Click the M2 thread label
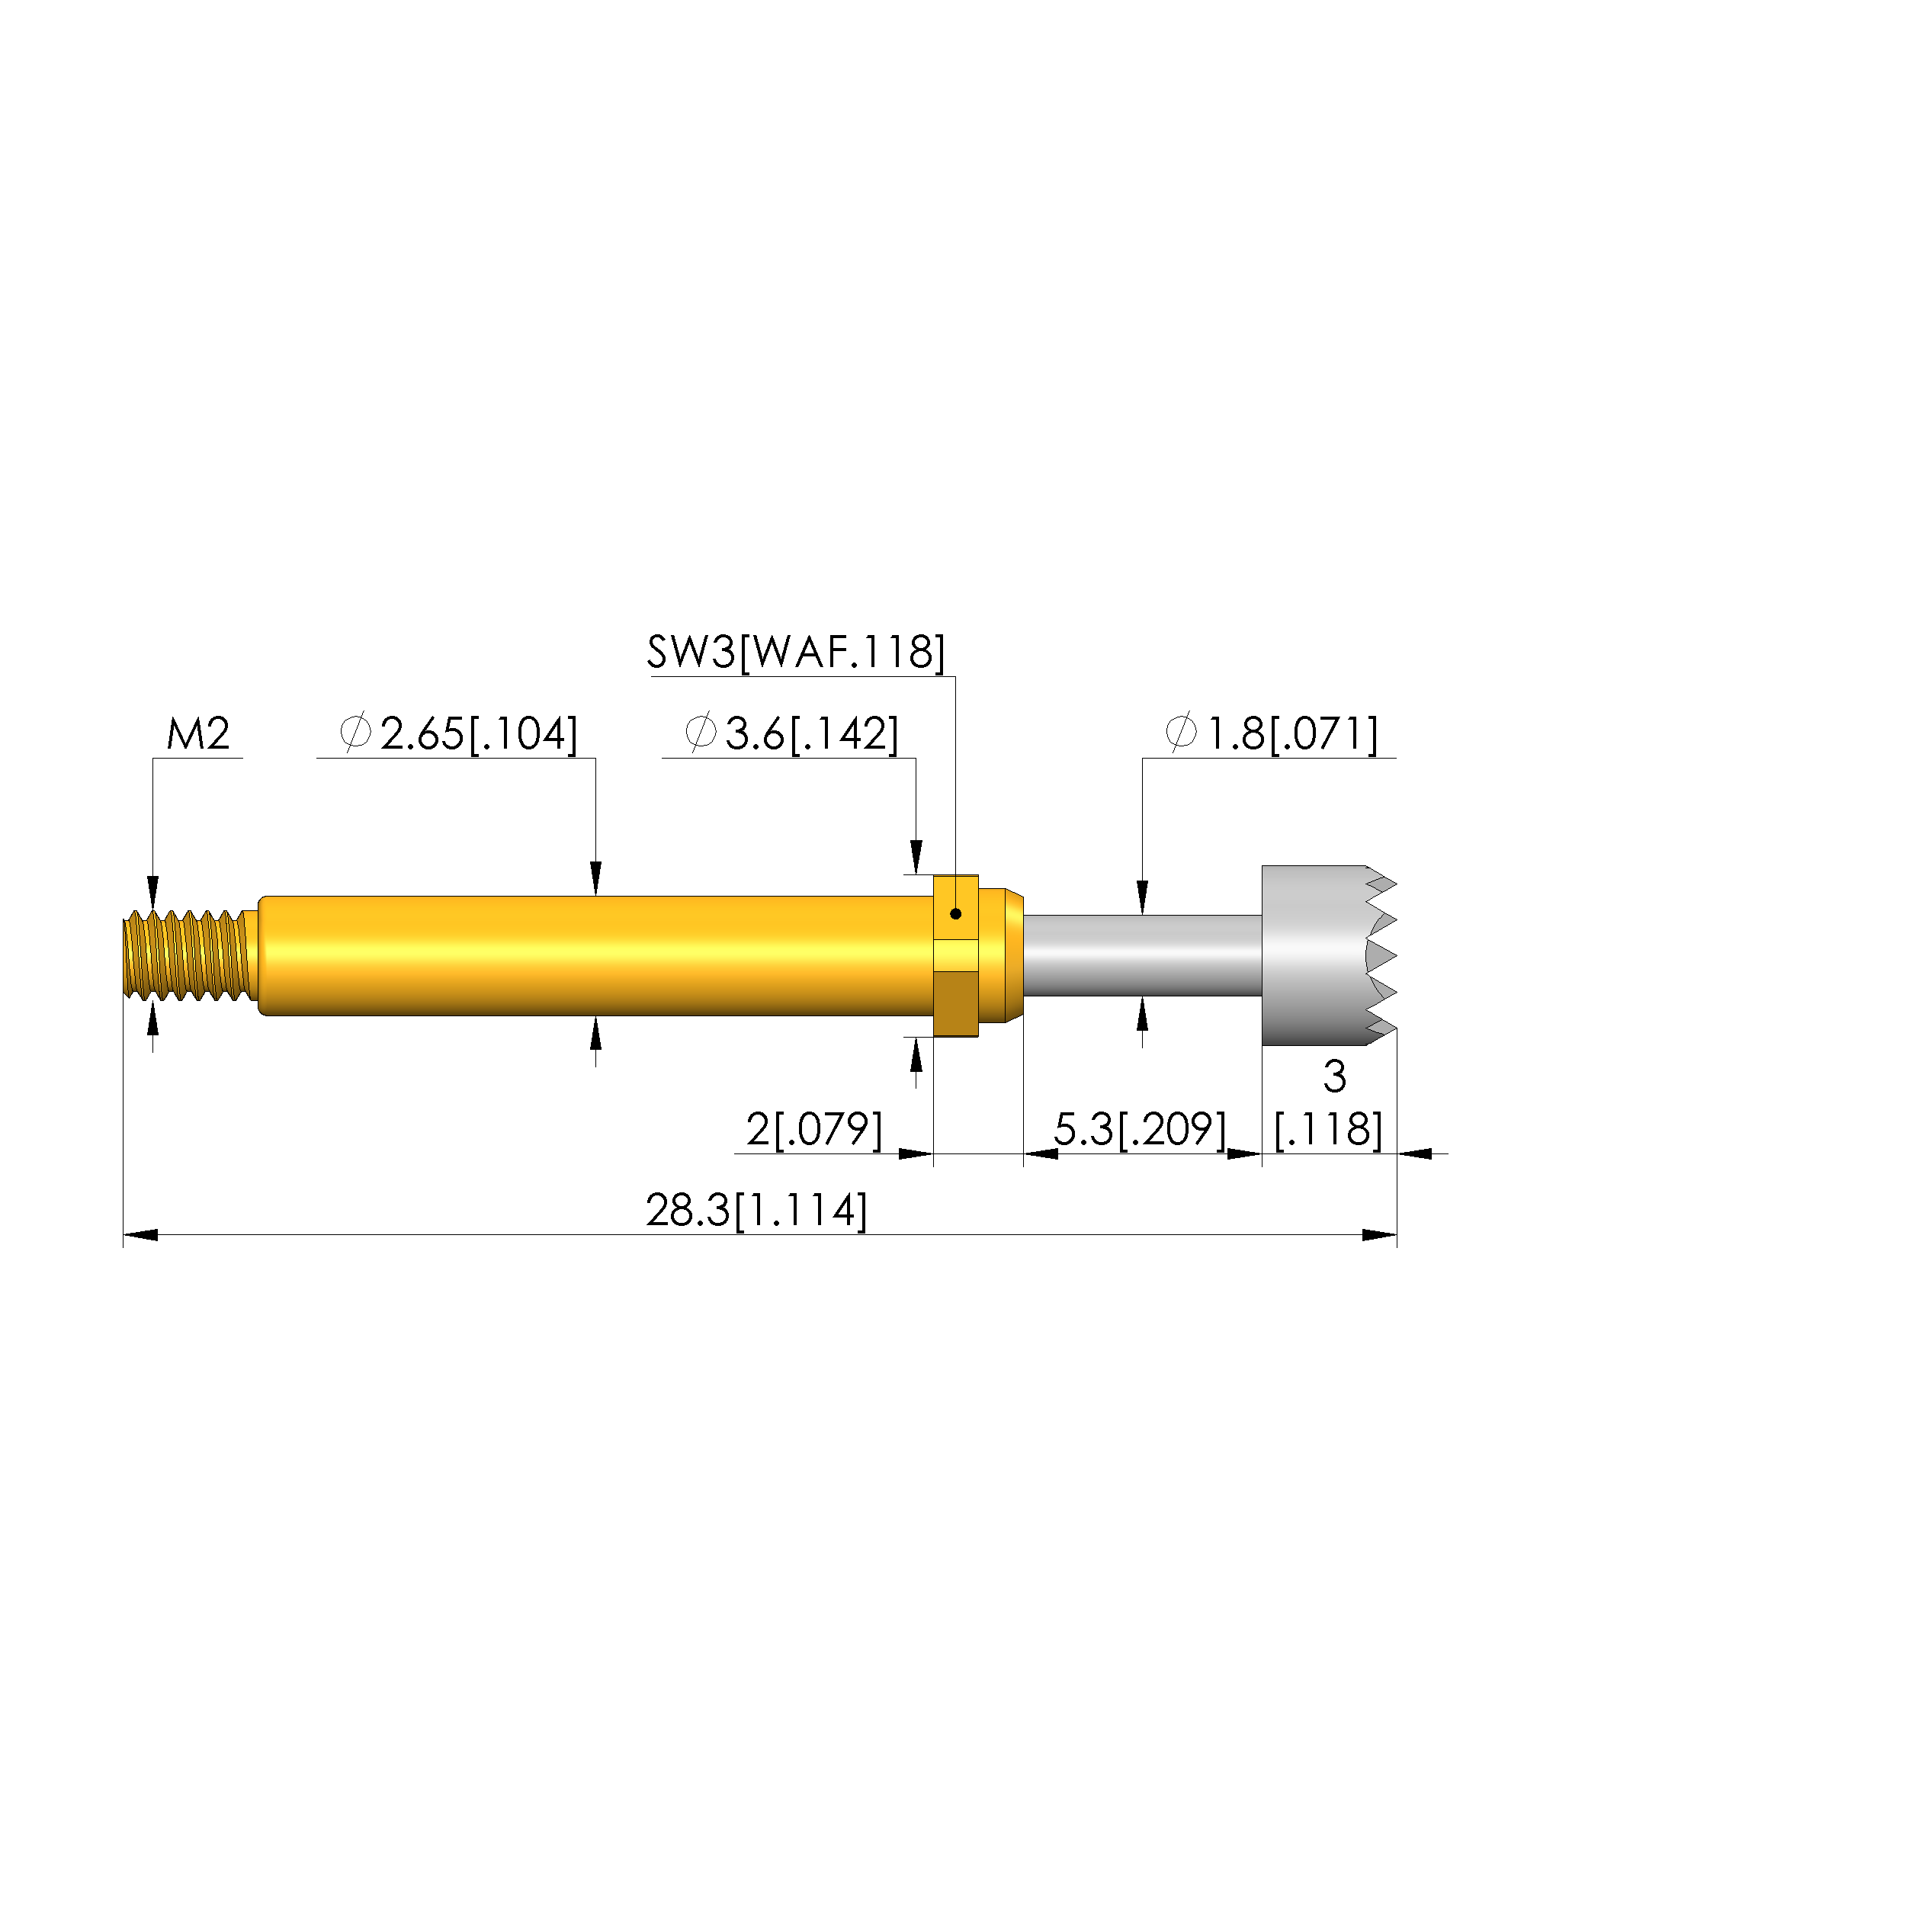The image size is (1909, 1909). (x=197, y=734)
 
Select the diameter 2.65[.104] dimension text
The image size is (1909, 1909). (x=457, y=734)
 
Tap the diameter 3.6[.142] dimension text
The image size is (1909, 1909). (x=791, y=734)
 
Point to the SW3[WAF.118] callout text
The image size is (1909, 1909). (x=795, y=652)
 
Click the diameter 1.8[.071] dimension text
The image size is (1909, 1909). (x=1272, y=734)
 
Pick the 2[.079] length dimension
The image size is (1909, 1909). (x=814, y=1129)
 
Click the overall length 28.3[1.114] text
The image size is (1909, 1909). (x=757, y=1211)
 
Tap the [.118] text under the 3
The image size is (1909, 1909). (x=1328, y=1129)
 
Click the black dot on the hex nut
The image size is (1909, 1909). (x=955, y=914)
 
